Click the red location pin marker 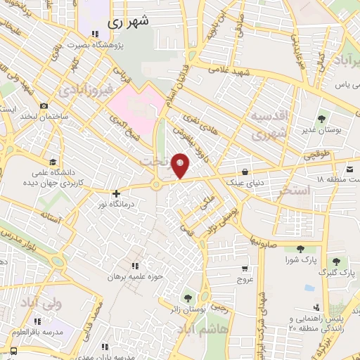[x=181, y=166]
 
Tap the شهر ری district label [x=130, y=22]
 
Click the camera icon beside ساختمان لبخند [x=44, y=106]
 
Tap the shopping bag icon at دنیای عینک [x=244, y=171]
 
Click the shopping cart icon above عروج [x=244, y=268]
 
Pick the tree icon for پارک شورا [x=302, y=248]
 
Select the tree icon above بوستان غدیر [x=321, y=120]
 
